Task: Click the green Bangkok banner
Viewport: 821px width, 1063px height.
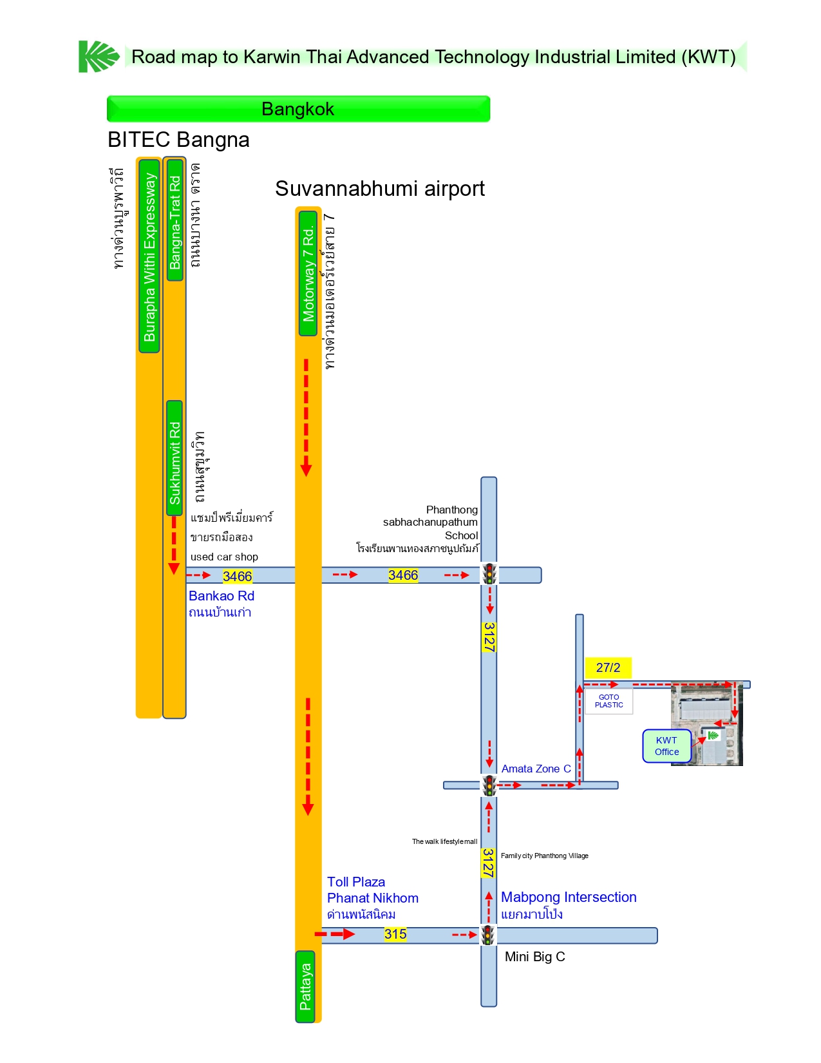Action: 298,109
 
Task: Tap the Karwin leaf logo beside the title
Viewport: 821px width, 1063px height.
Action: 99,57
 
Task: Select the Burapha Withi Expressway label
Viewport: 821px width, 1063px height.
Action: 149,256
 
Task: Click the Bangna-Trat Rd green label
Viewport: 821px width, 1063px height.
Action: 175,220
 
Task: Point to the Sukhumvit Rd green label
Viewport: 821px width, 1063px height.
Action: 175,458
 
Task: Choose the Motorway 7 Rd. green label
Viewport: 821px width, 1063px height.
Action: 308,273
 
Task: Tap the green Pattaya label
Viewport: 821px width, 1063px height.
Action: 305,986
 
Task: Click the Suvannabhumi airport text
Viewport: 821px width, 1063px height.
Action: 380,189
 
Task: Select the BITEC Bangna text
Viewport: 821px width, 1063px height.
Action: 178,140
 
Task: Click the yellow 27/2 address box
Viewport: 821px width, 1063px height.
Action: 608,667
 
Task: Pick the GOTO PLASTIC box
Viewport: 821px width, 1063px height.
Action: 609,701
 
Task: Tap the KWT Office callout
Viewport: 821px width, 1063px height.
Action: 666,746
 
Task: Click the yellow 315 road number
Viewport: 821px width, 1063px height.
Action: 395,934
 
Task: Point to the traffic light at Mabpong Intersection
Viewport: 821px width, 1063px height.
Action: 489,935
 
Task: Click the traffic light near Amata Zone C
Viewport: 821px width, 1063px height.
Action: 489,785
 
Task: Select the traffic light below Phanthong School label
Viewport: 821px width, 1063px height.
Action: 489,574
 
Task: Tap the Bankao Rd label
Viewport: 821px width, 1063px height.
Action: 221,596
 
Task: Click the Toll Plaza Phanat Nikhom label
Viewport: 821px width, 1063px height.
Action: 372,890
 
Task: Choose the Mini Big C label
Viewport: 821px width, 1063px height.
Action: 534,957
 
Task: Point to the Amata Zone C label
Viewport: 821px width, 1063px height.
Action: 536,769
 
